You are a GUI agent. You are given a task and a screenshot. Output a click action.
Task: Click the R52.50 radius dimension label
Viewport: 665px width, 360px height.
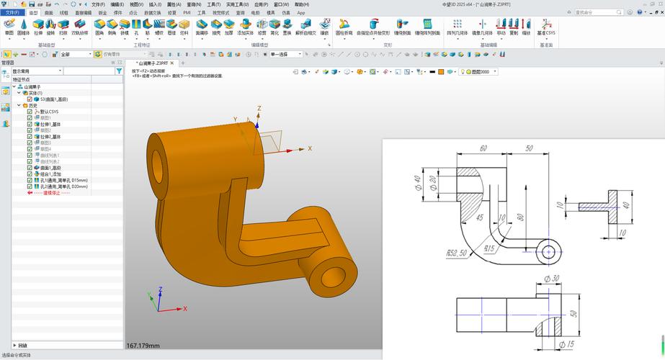pyautogui.click(x=457, y=253)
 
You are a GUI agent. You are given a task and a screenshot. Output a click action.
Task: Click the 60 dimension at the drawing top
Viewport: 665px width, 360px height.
pyautogui.click(x=483, y=148)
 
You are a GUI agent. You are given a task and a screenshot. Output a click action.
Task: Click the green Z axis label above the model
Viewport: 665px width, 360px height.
pyautogui.click(x=259, y=109)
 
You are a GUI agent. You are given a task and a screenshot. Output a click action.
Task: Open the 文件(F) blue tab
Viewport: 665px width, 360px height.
pyautogui.click(x=12, y=12)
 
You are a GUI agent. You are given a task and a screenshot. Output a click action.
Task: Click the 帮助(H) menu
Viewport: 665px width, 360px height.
pyautogui.click(x=302, y=4)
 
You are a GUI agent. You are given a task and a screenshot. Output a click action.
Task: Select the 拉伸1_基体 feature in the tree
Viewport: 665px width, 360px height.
pyautogui.click(x=50, y=124)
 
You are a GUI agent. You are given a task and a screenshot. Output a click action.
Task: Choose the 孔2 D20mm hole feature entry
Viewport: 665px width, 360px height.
pyautogui.click(x=63, y=186)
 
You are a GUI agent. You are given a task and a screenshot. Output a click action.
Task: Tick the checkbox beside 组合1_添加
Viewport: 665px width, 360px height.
pyautogui.click(x=30, y=174)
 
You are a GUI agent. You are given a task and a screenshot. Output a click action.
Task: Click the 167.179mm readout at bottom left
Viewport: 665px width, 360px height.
pyautogui.click(x=143, y=346)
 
